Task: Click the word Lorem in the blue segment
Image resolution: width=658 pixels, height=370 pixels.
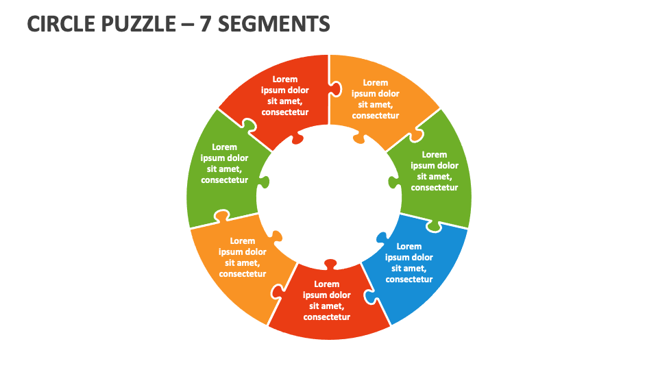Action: (409, 247)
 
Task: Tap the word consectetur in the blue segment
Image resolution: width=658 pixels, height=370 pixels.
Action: (409, 280)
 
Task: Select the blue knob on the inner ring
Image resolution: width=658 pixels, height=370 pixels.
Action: (382, 238)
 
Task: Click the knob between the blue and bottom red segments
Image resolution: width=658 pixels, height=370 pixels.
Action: (369, 297)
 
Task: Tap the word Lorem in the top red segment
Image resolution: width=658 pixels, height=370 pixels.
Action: (285, 79)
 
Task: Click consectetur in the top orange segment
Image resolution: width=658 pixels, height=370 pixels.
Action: (376, 116)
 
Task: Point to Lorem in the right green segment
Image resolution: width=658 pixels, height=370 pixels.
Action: (435, 155)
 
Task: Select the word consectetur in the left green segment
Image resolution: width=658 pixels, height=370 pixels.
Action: (224, 180)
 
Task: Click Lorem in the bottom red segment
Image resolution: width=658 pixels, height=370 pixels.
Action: (327, 284)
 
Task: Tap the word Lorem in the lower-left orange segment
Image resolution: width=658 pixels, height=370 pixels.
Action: (243, 241)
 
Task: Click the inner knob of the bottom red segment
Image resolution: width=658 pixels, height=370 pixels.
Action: (330, 264)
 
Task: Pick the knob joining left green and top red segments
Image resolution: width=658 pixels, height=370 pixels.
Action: (248, 125)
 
